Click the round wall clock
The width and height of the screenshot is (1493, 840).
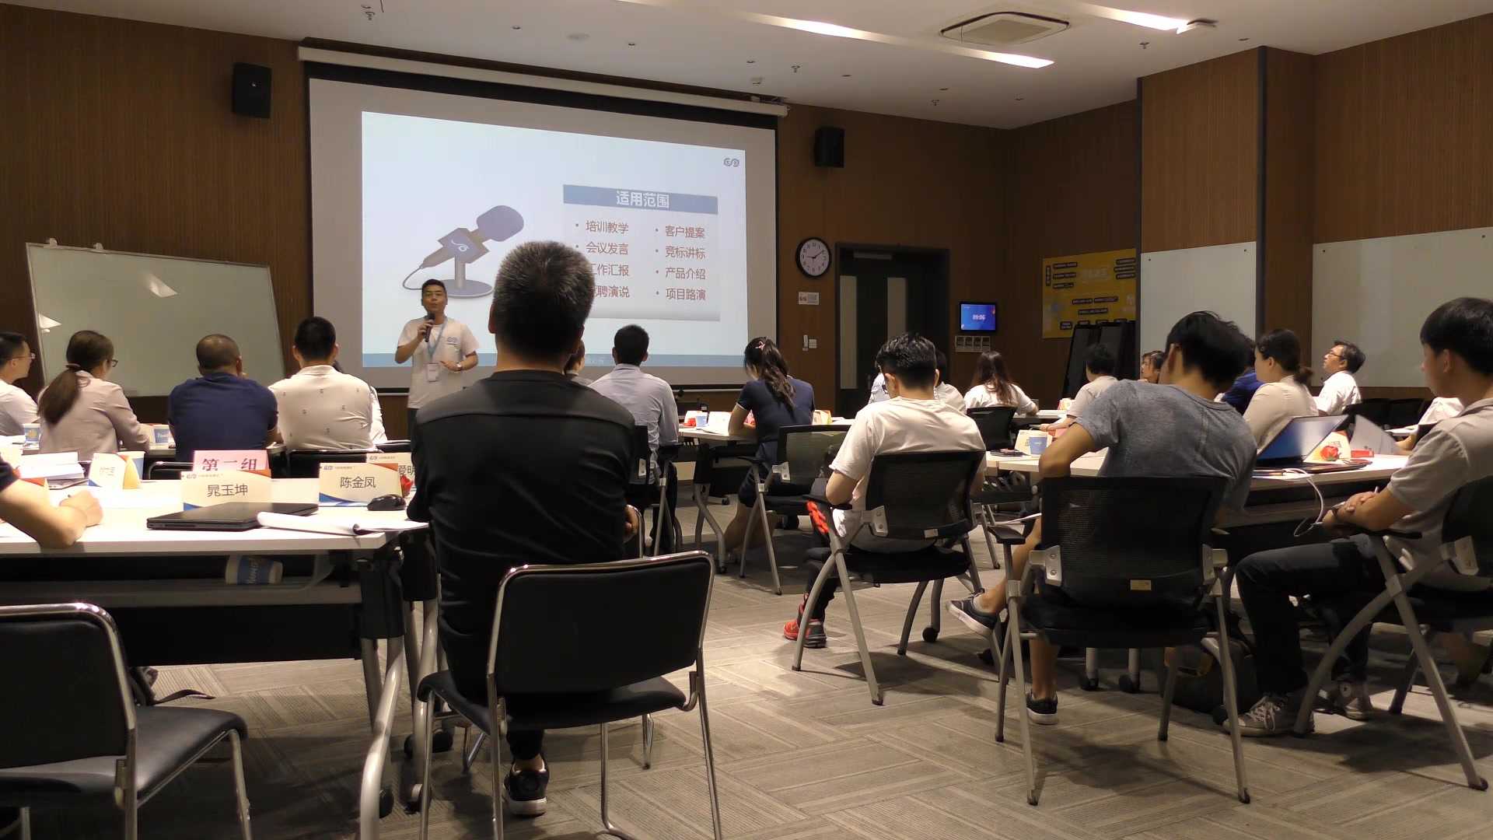[x=813, y=257]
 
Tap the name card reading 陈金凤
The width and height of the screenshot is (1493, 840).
[x=358, y=483]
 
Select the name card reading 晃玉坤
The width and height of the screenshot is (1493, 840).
[x=226, y=490]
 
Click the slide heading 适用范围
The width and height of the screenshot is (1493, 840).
[x=642, y=200]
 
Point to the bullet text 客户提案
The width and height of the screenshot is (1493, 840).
[x=684, y=232]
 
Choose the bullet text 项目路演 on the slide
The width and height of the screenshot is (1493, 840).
[x=684, y=294]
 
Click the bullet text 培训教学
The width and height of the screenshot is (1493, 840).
[x=607, y=227]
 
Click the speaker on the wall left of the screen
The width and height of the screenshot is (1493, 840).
[x=251, y=90]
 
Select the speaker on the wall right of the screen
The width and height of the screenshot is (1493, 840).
[x=829, y=147]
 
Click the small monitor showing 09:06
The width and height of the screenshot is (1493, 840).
[x=977, y=317]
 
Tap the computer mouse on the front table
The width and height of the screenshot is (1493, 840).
[x=386, y=502]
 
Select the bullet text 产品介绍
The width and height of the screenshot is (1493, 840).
[x=684, y=273]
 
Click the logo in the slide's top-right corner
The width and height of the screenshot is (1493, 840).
[x=730, y=162]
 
